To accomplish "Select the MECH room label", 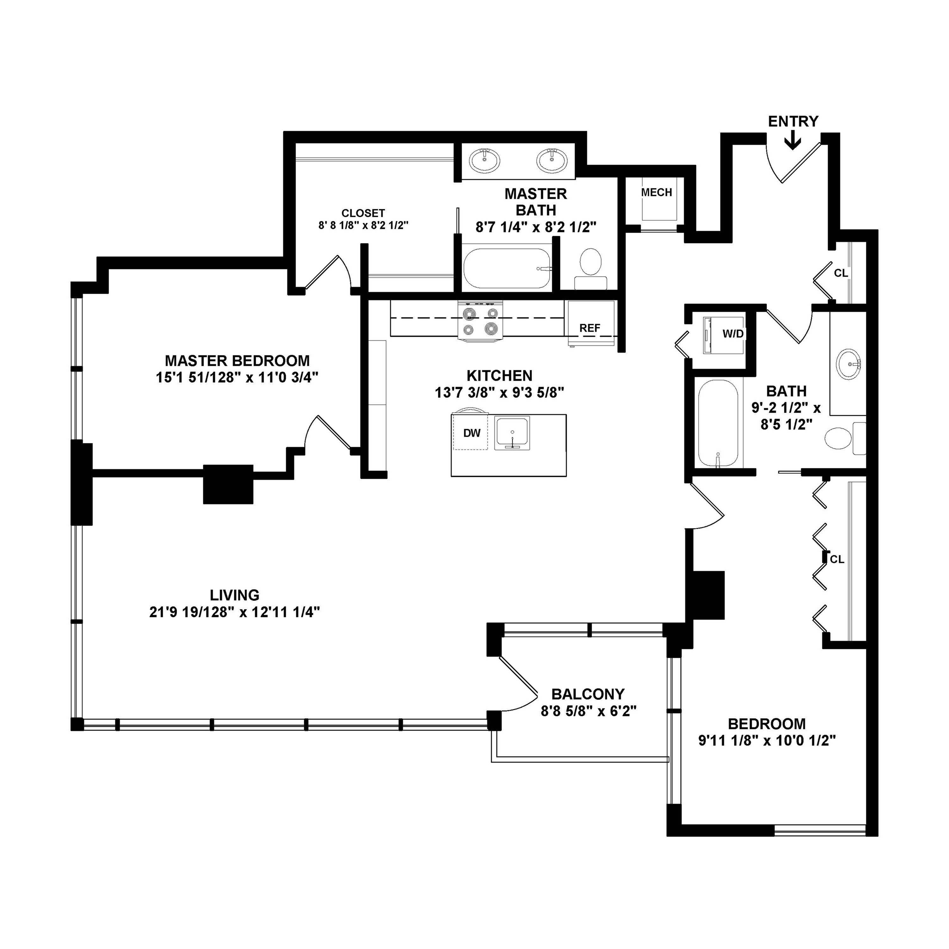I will tap(656, 193).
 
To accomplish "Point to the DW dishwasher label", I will tap(472, 433).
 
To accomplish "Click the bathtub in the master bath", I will tap(506, 269).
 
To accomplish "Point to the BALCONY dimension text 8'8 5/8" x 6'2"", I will tap(588, 711).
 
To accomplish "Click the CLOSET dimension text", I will tap(363, 226).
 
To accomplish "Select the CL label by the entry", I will tap(840, 273).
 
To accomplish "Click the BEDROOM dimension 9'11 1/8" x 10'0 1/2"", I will tap(767, 740).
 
